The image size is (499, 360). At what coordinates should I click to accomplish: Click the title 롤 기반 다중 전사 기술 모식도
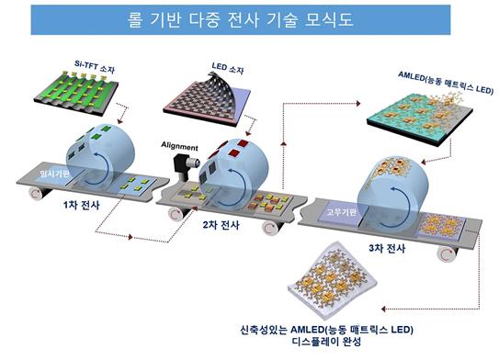click(x=240, y=19)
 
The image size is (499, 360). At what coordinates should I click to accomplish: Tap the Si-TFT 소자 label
click(x=95, y=67)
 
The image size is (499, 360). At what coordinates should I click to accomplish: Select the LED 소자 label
click(x=228, y=68)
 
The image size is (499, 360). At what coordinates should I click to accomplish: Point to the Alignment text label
click(x=179, y=146)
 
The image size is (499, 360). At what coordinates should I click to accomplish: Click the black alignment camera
click(x=185, y=166)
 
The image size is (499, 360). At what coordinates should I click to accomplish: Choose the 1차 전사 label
click(x=82, y=205)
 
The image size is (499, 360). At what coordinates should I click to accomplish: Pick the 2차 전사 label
click(x=221, y=225)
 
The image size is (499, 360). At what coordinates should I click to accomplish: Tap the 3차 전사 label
click(x=387, y=248)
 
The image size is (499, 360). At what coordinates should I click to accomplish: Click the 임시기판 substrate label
click(x=54, y=174)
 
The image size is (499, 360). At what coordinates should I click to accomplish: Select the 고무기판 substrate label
click(x=342, y=212)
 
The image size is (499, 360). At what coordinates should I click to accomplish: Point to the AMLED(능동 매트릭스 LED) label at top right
click(x=446, y=83)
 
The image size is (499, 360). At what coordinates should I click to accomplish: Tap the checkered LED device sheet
click(x=207, y=99)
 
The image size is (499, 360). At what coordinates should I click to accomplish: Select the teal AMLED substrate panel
click(x=419, y=118)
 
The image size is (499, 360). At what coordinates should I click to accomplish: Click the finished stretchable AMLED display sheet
click(x=333, y=280)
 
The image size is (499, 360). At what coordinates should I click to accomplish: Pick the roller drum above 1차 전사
click(x=100, y=157)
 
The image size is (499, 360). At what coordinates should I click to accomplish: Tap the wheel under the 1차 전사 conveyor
click(x=37, y=193)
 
